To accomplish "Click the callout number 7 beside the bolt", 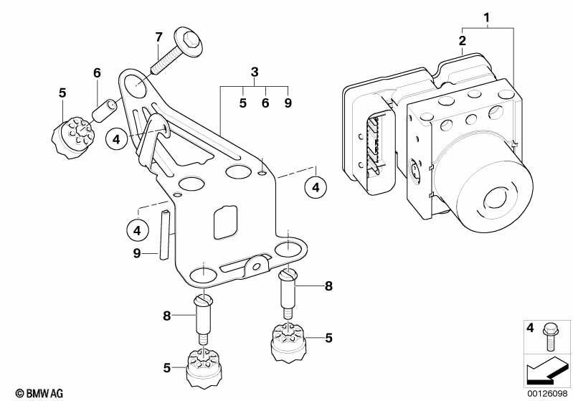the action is pos(158,37).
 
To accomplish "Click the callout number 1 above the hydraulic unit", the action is pos(486,17).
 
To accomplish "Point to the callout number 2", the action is pos(463,40).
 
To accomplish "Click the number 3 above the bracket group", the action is pos(255,72).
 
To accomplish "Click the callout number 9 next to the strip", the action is pos(137,253).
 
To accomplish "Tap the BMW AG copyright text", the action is pos(39,393).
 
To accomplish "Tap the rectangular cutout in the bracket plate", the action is pos(225,222).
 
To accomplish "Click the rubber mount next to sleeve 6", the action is pos(72,137).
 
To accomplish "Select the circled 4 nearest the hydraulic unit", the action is pos(316,187).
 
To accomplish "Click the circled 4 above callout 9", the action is pos(138,231).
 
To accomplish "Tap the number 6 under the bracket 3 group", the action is pos(265,103).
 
